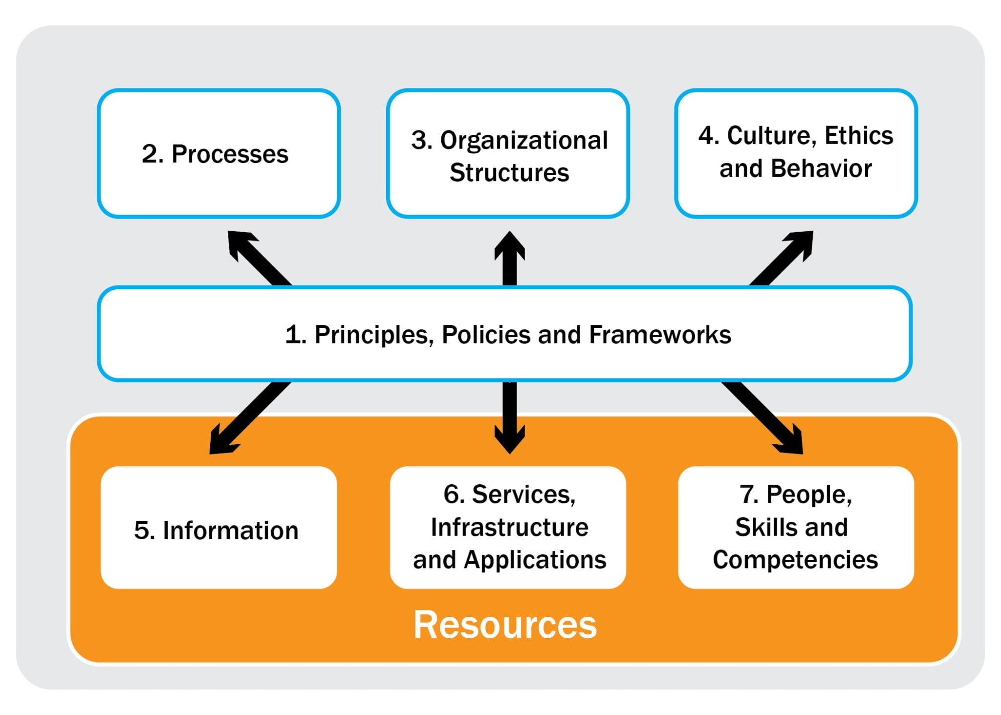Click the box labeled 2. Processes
coord(218,153)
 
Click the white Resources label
coord(505,625)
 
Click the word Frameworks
coord(659,335)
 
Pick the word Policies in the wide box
coord(486,335)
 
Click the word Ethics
coord(858,135)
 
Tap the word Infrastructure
coord(509,527)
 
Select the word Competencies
coord(795,560)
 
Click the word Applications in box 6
coord(535,560)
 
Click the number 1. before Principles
coord(295,335)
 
